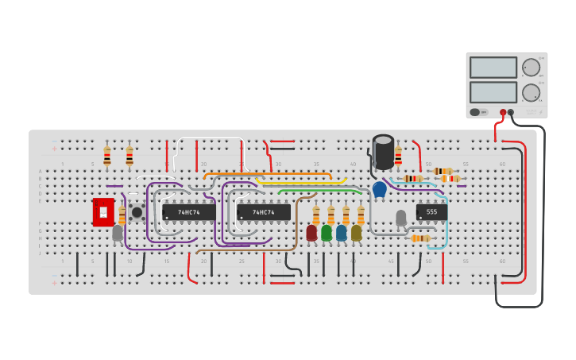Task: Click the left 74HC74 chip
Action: tap(188, 212)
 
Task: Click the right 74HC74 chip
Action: tap(263, 212)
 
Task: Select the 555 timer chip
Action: tap(431, 212)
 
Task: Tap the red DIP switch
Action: tap(103, 212)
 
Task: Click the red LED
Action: tap(311, 232)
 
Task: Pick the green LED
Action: tap(327, 232)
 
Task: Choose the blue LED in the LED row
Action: tap(342, 232)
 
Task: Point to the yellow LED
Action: tap(356, 232)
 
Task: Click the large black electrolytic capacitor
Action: tap(383, 151)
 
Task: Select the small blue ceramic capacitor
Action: tap(379, 189)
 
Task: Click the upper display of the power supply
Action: tap(493, 68)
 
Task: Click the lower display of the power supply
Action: tap(493, 92)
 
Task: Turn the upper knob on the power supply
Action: tap(530, 67)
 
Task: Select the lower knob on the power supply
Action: tap(530, 92)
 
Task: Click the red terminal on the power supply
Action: tap(503, 112)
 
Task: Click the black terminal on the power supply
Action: tap(512, 112)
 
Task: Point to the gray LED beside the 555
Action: tap(401, 217)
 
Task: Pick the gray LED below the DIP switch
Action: tap(118, 233)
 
